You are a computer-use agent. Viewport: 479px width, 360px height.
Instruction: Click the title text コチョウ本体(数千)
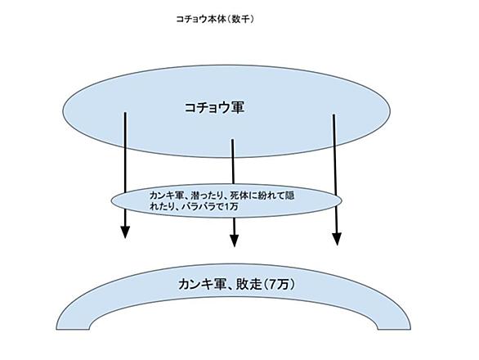(x=215, y=20)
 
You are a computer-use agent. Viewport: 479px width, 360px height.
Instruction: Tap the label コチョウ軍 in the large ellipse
(x=214, y=108)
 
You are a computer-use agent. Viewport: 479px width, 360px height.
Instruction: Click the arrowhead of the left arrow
(x=124, y=232)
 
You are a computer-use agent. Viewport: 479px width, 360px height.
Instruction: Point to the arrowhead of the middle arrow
(x=234, y=241)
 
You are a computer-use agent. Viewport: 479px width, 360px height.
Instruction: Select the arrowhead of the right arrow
(x=337, y=239)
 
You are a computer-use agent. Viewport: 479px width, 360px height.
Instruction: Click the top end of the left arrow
(x=125, y=113)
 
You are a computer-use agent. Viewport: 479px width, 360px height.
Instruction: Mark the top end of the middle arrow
(x=232, y=140)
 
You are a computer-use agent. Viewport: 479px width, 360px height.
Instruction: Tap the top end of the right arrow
(x=334, y=115)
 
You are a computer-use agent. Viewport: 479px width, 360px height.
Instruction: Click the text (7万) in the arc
(x=280, y=285)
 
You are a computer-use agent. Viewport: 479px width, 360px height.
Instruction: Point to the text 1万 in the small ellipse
(x=231, y=207)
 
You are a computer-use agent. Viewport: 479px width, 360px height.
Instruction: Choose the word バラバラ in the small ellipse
(x=199, y=207)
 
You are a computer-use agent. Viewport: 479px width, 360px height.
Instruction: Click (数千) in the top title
(x=242, y=20)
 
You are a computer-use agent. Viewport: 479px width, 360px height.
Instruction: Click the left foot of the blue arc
(x=73, y=328)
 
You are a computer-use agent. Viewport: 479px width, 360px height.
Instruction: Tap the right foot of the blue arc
(x=394, y=328)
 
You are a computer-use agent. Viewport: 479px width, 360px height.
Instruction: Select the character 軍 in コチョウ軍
(x=238, y=108)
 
